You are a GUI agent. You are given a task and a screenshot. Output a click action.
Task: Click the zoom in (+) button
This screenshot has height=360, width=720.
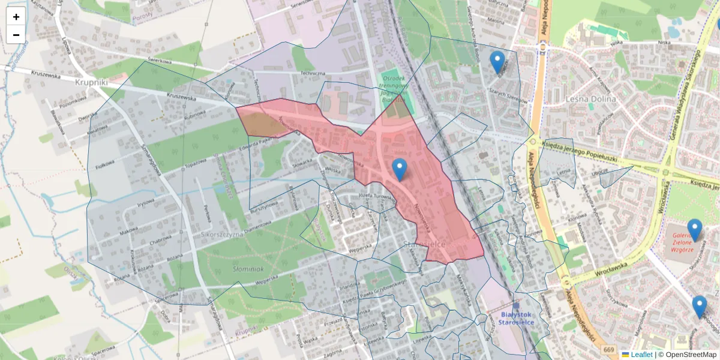(16, 16)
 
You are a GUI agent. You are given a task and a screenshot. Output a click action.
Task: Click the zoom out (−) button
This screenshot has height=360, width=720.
(16, 35)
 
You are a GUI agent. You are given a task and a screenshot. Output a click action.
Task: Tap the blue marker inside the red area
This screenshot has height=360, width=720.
(399, 170)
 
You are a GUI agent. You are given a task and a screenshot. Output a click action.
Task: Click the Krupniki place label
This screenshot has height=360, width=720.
(91, 82)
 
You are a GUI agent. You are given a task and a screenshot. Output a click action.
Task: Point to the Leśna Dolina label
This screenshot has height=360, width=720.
(591, 99)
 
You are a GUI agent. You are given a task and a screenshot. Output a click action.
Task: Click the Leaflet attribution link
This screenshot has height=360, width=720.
(641, 355)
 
